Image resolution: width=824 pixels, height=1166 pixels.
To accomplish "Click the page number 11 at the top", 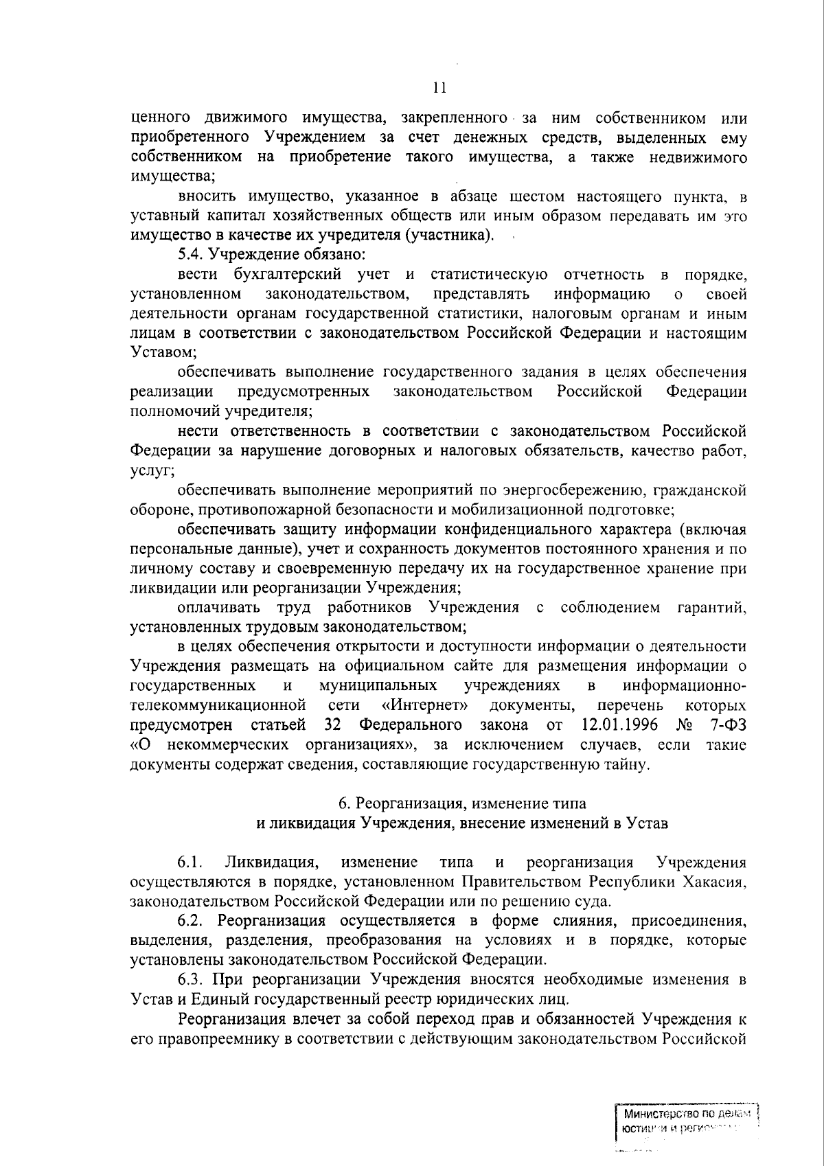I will click(440, 88).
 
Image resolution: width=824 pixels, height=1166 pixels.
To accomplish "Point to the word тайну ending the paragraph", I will click(626, 764).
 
